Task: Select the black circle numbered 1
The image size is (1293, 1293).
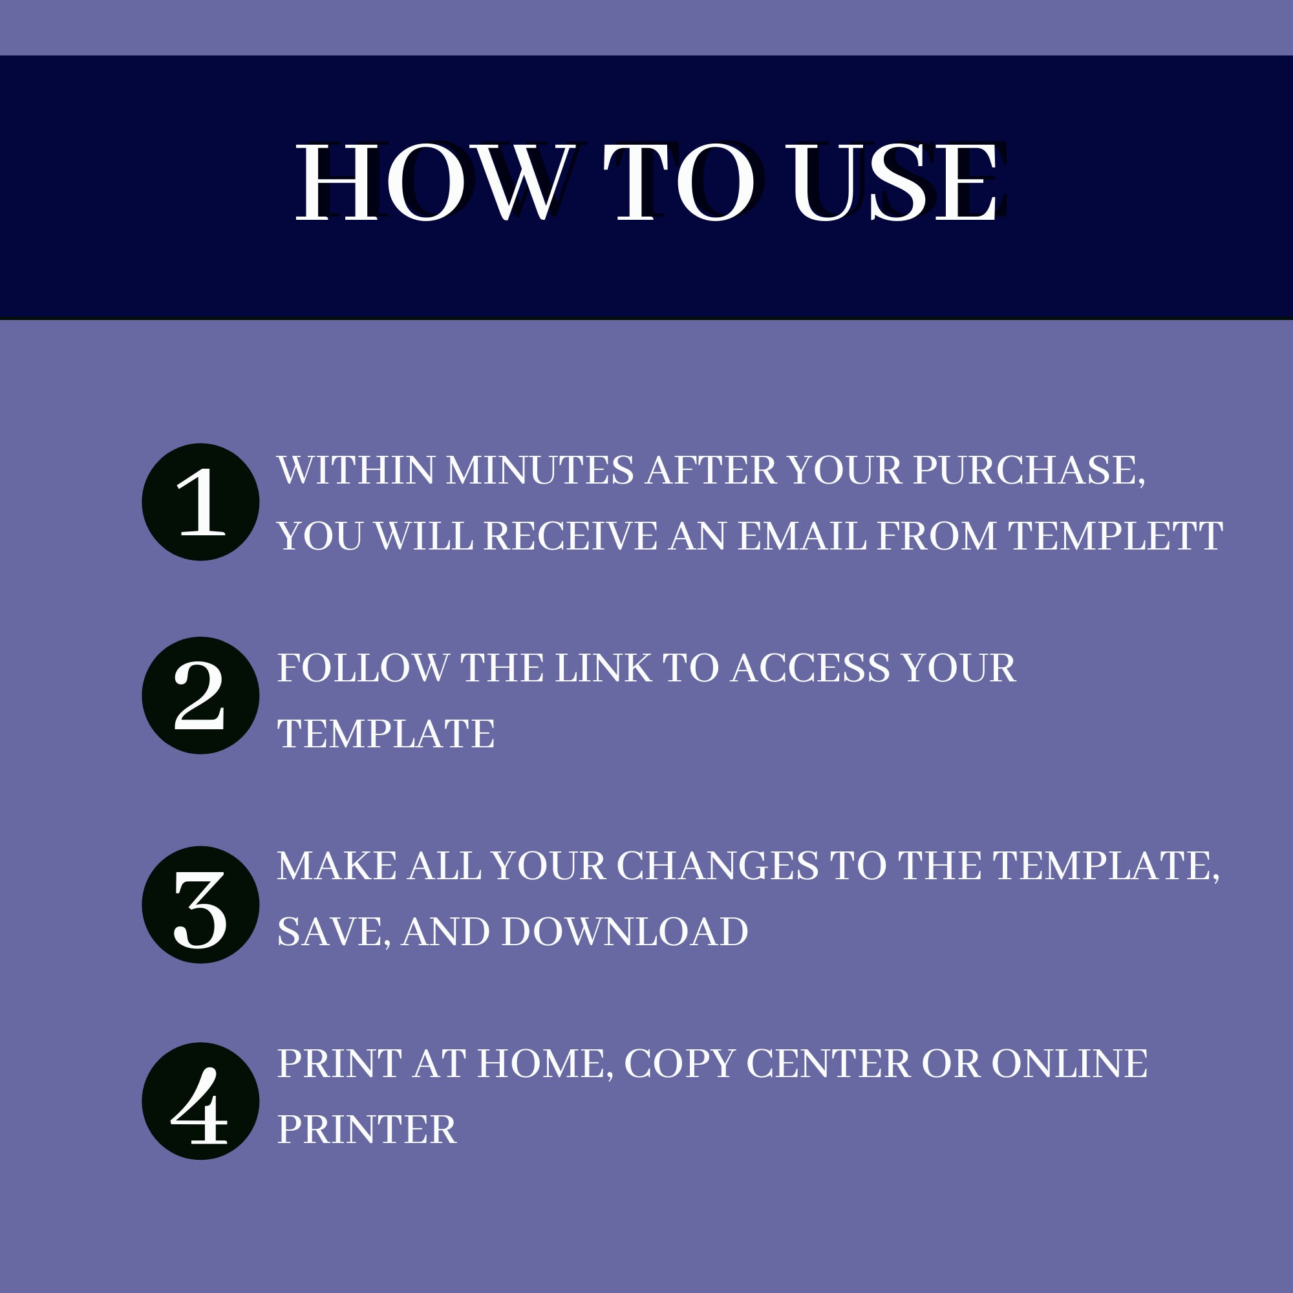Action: (x=201, y=502)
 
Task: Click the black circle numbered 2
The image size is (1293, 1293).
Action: (x=201, y=696)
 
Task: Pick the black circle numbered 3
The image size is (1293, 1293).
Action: (x=201, y=905)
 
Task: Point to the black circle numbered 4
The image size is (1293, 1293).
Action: (x=201, y=1101)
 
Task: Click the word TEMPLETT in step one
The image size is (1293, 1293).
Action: (x=1116, y=536)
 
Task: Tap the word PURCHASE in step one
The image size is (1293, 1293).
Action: (x=1029, y=471)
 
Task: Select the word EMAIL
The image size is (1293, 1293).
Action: (x=802, y=536)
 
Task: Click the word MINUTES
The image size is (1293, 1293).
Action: (x=540, y=471)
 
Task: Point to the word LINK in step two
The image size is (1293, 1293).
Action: (x=604, y=668)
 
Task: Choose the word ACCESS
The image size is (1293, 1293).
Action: (x=811, y=668)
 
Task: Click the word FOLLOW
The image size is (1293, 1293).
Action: (x=363, y=668)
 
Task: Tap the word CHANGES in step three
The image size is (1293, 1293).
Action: (x=718, y=866)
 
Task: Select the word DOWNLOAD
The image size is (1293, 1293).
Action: (x=625, y=932)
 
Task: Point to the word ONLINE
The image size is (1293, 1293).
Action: (x=1069, y=1063)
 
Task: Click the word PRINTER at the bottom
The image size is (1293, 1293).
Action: (x=367, y=1129)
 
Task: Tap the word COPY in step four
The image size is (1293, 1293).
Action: (x=680, y=1063)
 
